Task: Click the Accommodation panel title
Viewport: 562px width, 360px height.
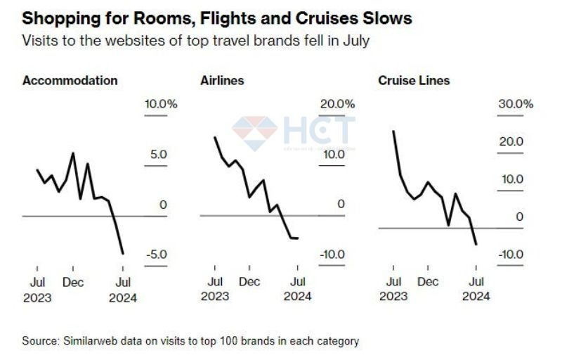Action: click(70, 80)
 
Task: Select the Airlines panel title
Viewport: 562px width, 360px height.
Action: click(222, 80)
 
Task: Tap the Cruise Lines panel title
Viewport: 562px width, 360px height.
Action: click(414, 80)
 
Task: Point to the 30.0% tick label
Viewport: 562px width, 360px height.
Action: click(516, 104)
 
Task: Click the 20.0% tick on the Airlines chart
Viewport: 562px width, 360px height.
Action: click(337, 104)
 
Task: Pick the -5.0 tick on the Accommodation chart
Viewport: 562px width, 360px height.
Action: click(157, 254)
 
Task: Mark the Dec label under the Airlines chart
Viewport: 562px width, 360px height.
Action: click(249, 282)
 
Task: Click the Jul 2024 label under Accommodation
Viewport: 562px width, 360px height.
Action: click(123, 289)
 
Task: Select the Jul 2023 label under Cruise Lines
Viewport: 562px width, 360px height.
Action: click(393, 289)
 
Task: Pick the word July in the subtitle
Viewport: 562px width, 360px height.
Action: click(355, 41)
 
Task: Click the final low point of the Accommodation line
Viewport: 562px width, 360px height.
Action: click(123, 253)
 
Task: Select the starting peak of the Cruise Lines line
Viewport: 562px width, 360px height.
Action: click(393, 131)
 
